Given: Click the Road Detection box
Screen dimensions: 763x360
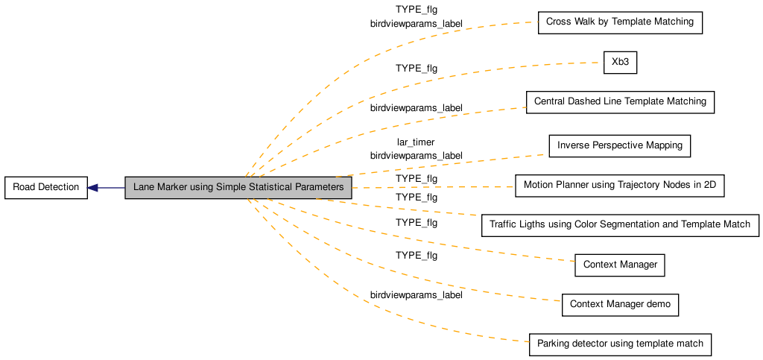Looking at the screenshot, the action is click(45, 187).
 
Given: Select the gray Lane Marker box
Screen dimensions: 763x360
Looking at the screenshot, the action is click(238, 187).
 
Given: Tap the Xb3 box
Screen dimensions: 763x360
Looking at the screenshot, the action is click(620, 63).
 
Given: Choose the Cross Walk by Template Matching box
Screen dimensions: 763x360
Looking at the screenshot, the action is click(620, 22).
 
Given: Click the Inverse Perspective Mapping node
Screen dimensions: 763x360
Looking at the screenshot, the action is click(620, 145).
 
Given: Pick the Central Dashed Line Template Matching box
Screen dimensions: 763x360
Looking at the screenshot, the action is click(620, 101).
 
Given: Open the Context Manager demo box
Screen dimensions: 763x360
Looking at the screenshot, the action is click(620, 305).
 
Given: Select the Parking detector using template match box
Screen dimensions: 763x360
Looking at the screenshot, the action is click(620, 344).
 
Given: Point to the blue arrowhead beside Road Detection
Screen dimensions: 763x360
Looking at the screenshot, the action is click(93, 187).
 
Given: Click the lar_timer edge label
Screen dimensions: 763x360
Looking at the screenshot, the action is click(416, 142).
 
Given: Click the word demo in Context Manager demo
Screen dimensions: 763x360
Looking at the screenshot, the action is click(659, 305).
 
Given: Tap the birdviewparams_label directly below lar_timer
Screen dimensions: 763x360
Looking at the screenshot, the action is click(416, 156).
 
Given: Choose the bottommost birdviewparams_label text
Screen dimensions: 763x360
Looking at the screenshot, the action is click(416, 295).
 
